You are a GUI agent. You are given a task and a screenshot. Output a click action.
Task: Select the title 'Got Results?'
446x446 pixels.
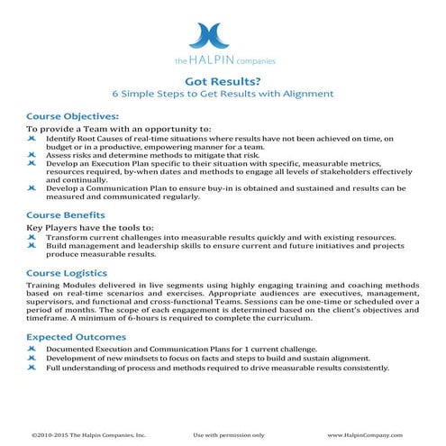pyautogui.click(x=222, y=79)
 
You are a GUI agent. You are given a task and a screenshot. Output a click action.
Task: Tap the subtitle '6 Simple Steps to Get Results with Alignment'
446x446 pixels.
pyautogui.click(x=222, y=93)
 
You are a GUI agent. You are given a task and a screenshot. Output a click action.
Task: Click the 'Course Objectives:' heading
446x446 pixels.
pyautogui.click(x=72, y=116)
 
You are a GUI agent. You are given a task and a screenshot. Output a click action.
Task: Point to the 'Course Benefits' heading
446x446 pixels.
pyautogui.click(x=66, y=215)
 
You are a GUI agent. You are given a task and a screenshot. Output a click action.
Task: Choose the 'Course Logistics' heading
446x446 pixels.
pyautogui.click(x=68, y=271)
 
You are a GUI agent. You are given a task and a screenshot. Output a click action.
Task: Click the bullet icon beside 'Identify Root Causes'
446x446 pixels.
pyautogui.click(x=32, y=140)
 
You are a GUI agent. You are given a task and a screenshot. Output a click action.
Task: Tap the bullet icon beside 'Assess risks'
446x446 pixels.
pyautogui.click(x=32, y=155)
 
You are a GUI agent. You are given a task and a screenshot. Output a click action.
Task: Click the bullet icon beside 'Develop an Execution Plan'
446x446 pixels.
pyautogui.click(x=32, y=163)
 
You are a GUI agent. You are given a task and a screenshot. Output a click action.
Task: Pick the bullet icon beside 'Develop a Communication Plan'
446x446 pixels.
pyautogui.click(x=32, y=187)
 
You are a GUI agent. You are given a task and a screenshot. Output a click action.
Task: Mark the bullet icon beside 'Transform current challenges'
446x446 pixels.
pyautogui.click(x=32, y=237)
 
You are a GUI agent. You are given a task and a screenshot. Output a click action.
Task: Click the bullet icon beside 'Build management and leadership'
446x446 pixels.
pyautogui.click(x=32, y=245)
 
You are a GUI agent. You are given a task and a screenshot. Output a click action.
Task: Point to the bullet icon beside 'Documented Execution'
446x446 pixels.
pyautogui.click(x=32, y=349)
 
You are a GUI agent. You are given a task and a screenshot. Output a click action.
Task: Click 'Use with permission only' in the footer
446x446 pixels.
pyautogui.click(x=229, y=433)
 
